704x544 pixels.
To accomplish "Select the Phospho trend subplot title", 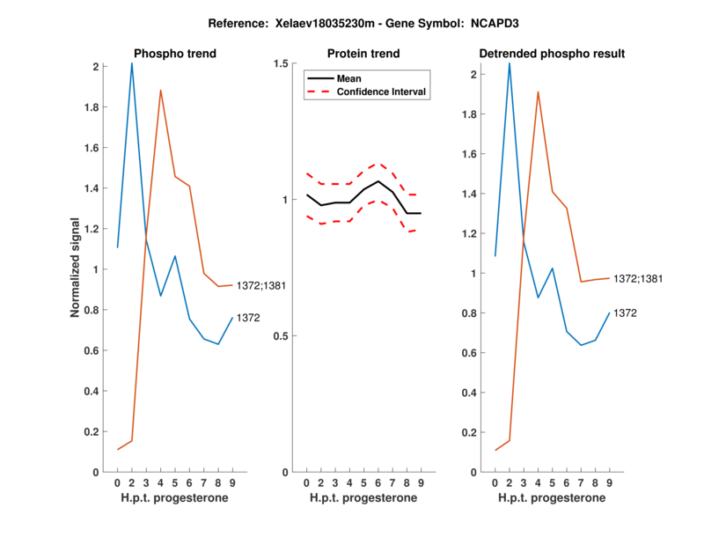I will [x=174, y=54].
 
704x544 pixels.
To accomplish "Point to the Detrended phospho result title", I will [x=552, y=54].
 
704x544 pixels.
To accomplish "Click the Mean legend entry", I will [x=349, y=78].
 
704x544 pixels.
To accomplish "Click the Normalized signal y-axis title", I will [x=76, y=268].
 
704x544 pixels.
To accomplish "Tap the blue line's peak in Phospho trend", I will [x=132, y=63].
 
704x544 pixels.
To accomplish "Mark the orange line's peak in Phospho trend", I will [x=160, y=90].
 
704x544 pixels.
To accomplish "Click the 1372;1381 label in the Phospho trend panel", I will [x=261, y=285].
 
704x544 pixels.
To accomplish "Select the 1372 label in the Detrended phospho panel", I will [x=625, y=312].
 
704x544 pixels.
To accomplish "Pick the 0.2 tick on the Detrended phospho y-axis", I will [x=473, y=432].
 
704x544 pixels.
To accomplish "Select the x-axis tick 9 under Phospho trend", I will [x=232, y=482].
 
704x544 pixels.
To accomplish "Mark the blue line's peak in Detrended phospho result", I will [x=510, y=62].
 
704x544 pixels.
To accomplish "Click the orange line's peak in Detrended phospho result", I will [x=538, y=92].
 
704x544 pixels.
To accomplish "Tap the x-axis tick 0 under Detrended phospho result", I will [x=495, y=482].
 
